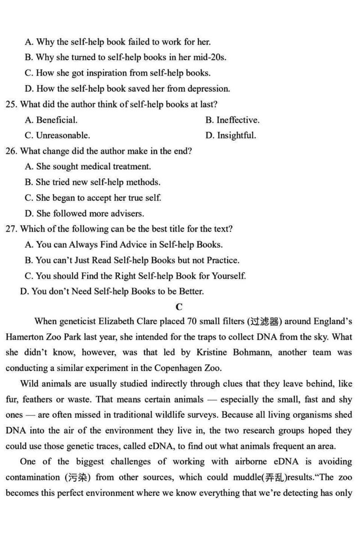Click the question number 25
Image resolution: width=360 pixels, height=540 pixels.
tap(11, 105)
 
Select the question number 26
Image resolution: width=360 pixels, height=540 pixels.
tap(11, 152)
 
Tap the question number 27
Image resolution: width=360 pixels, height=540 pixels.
tap(11, 229)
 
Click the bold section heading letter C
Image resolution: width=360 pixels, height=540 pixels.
tap(179, 307)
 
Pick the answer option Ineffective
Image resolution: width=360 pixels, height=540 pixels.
tap(238, 120)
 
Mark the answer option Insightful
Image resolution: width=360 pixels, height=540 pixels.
tap(236, 136)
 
